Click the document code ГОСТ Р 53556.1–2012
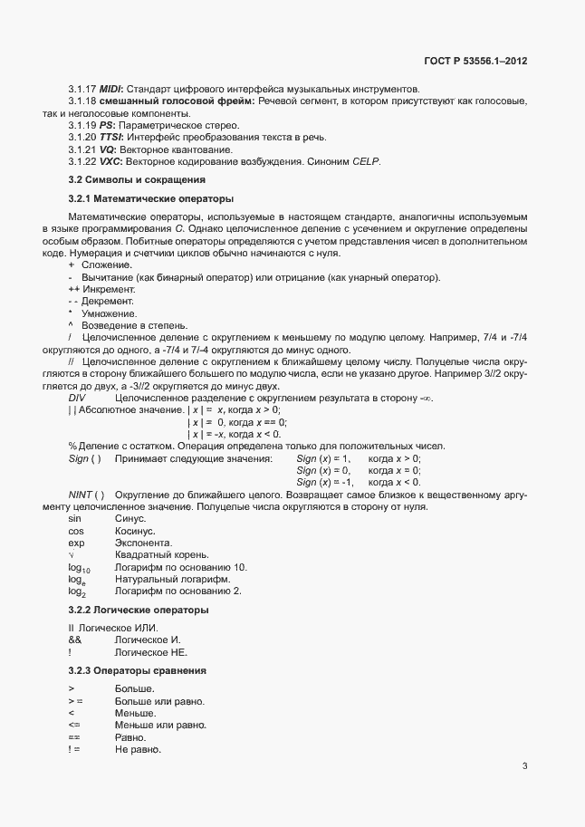pyautogui.click(x=475, y=62)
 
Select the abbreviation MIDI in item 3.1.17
pyautogui.click(x=110, y=89)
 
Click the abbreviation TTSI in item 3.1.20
pyautogui.click(x=112, y=136)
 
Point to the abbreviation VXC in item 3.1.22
pyautogui.click(x=110, y=160)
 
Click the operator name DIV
pyautogui.click(x=78, y=399)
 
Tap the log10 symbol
pyautogui.click(x=79, y=567)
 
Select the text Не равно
pyautogui.click(x=138, y=750)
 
